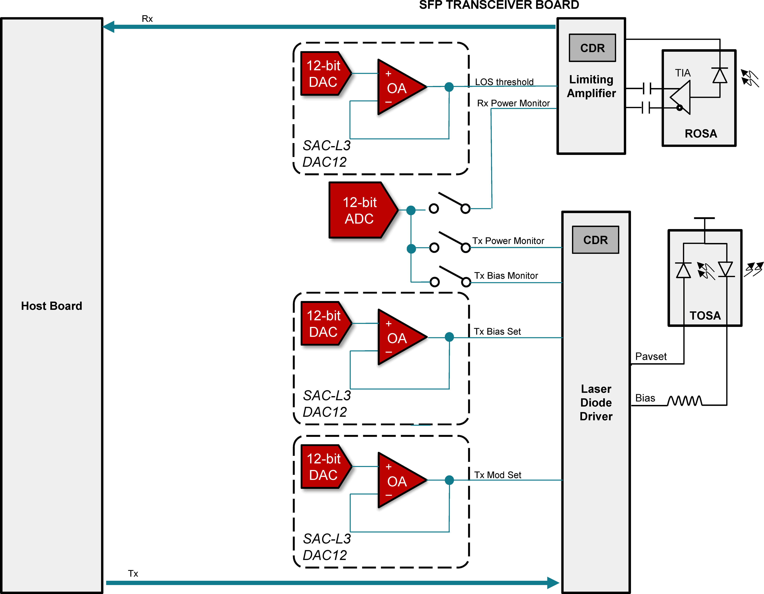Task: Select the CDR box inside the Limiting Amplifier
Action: [592, 48]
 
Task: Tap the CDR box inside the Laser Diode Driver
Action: [595, 240]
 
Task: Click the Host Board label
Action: [51, 306]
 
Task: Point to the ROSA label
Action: [701, 133]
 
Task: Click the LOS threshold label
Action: [504, 82]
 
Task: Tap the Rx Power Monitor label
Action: [513, 103]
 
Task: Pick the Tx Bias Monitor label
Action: [506, 276]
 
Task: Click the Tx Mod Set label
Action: [497, 475]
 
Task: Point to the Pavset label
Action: [651, 357]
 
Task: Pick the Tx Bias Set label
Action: [497, 331]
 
